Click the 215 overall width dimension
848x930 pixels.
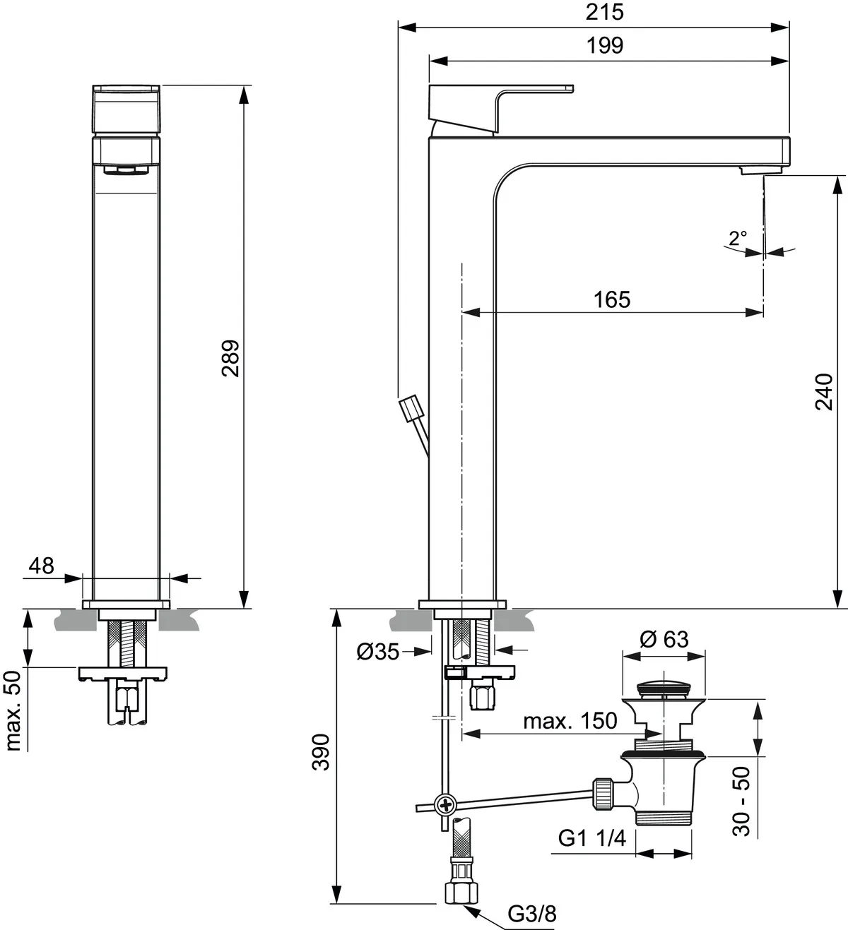[x=606, y=12]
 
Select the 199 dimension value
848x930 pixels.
[x=606, y=45]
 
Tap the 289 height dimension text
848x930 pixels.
[x=231, y=358]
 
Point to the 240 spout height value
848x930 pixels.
[x=824, y=392]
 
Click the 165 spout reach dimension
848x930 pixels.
[x=611, y=299]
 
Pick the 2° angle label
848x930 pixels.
[x=737, y=237]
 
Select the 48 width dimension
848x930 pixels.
[x=41, y=565]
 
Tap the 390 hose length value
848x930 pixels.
[x=321, y=752]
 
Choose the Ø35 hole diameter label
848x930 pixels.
[x=378, y=652]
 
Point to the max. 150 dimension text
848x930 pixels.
[x=570, y=721]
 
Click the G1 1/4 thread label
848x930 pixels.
[x=592, y=837]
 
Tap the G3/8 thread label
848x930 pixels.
[x=531, y=914]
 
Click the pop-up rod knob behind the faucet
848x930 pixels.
[x=411, y=410]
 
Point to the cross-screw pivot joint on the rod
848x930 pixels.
[x=446, y=804]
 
